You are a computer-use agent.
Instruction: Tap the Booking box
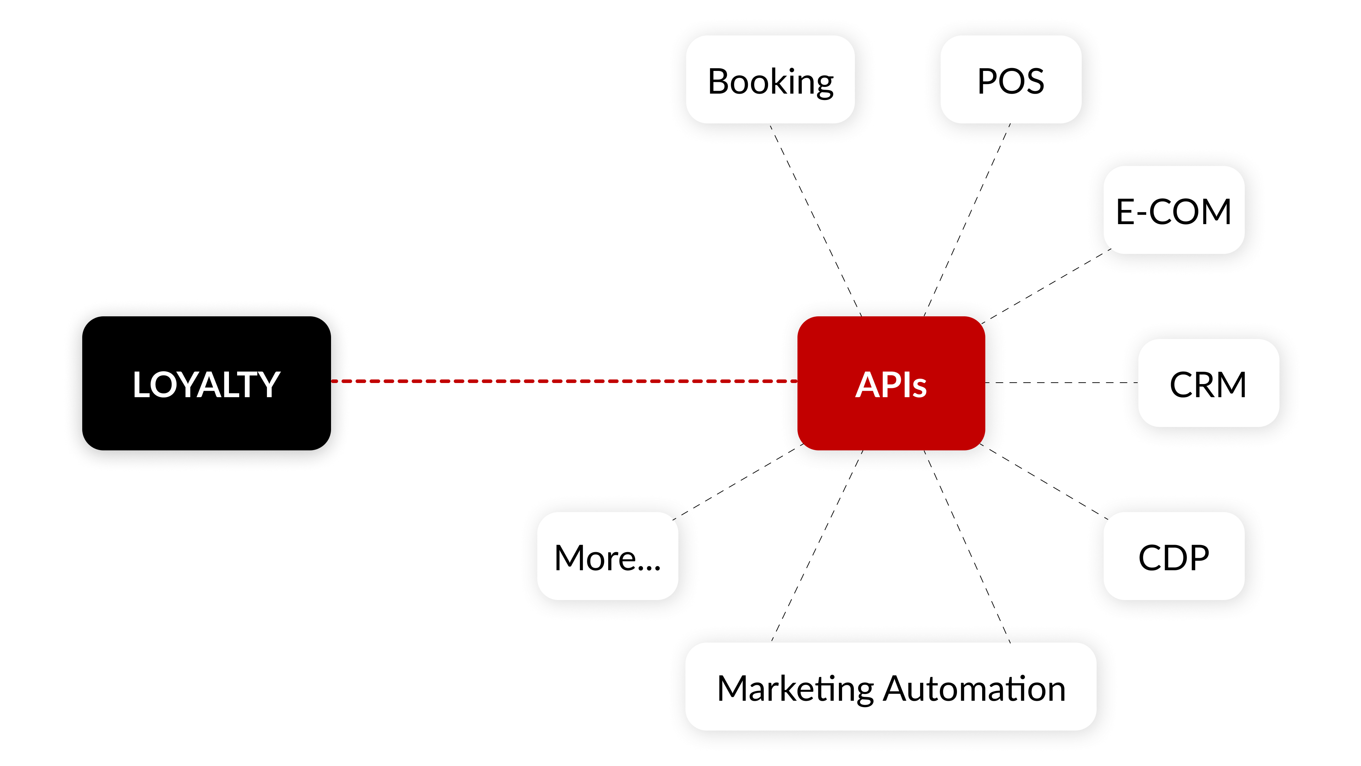coord(770,81)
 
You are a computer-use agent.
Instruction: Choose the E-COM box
coord(1174,210)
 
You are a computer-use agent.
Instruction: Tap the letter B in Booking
coord(719,82)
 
